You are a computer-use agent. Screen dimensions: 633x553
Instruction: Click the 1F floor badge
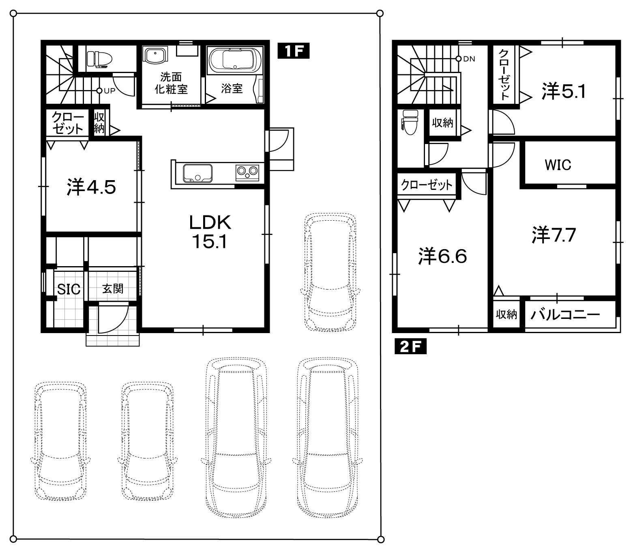click(293, 51)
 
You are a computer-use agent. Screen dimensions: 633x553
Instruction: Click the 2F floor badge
click(410, 346)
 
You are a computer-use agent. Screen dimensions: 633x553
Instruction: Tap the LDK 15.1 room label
click(210, 232)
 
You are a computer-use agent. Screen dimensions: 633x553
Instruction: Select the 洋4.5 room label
click(91, 187)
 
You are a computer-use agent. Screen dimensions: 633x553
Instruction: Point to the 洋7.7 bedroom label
click(554, 235)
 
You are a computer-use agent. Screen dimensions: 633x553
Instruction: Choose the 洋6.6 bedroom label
click(442, 256)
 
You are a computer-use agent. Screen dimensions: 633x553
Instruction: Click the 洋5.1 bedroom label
click(564, 90)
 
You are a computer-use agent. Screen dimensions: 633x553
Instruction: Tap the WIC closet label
click(558, 165)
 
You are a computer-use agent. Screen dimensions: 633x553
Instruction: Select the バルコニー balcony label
click(565, 315)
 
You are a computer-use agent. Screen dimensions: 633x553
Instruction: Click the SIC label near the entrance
click(69, 289)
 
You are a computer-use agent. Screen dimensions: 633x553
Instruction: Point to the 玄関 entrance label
click(113, 289)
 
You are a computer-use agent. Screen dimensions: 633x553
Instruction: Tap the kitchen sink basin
click(198, 173)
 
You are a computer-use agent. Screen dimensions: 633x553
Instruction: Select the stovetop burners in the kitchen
click(247, 173)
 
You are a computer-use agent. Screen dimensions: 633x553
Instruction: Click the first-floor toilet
click(99, 59)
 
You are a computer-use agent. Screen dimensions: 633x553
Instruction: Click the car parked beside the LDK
click(330, 272)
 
